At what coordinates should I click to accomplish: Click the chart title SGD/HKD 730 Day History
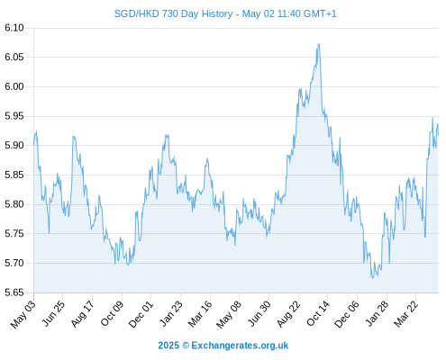pyautogui.click(x=173, y=13)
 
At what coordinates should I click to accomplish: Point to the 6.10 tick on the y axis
pyautogui.click(x=14, y=28)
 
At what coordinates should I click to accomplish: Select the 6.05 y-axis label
pyautogui.click(x=14, y=57)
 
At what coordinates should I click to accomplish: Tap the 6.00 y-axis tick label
pyautogui.click(x=14, y=86)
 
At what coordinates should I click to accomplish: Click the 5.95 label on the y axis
pyautogui.click(x=14, y=116)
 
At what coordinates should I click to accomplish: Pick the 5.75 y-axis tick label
pyautogui.click(x=14, y=234)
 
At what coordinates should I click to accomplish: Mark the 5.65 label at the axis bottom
pyautogui.click(x=14, y=292)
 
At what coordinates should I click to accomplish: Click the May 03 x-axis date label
pyautogui.click(x=23, y=314)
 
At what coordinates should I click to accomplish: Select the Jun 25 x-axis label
pyautogui.click(x=53, y=314)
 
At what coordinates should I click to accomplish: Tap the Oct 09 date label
pyautogui.click(x=112, y=313)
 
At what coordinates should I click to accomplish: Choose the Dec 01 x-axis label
pyautogui.click(x=141, y=314)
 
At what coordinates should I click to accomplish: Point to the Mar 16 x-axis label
pyautogui.click(x=200, y=314)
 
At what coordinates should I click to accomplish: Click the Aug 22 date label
pyautogui.click(x=288, y=314)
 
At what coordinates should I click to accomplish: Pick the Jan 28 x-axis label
pyautogui.click(x=377, y=314)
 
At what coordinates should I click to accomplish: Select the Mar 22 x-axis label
pyautogui.click(x=405, y=314)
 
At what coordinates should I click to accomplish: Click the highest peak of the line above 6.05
pyautogui.click(x=318, y=44)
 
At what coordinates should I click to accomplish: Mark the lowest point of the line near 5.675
pyautogui.click(x=372, y=278)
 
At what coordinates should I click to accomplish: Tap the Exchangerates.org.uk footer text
pyautogui.click(x=240, y=346)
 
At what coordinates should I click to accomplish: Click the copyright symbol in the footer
pyautogui.click(x=186, y=346)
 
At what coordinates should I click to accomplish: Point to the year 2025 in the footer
pyautogui.click(x=168, y=346)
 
